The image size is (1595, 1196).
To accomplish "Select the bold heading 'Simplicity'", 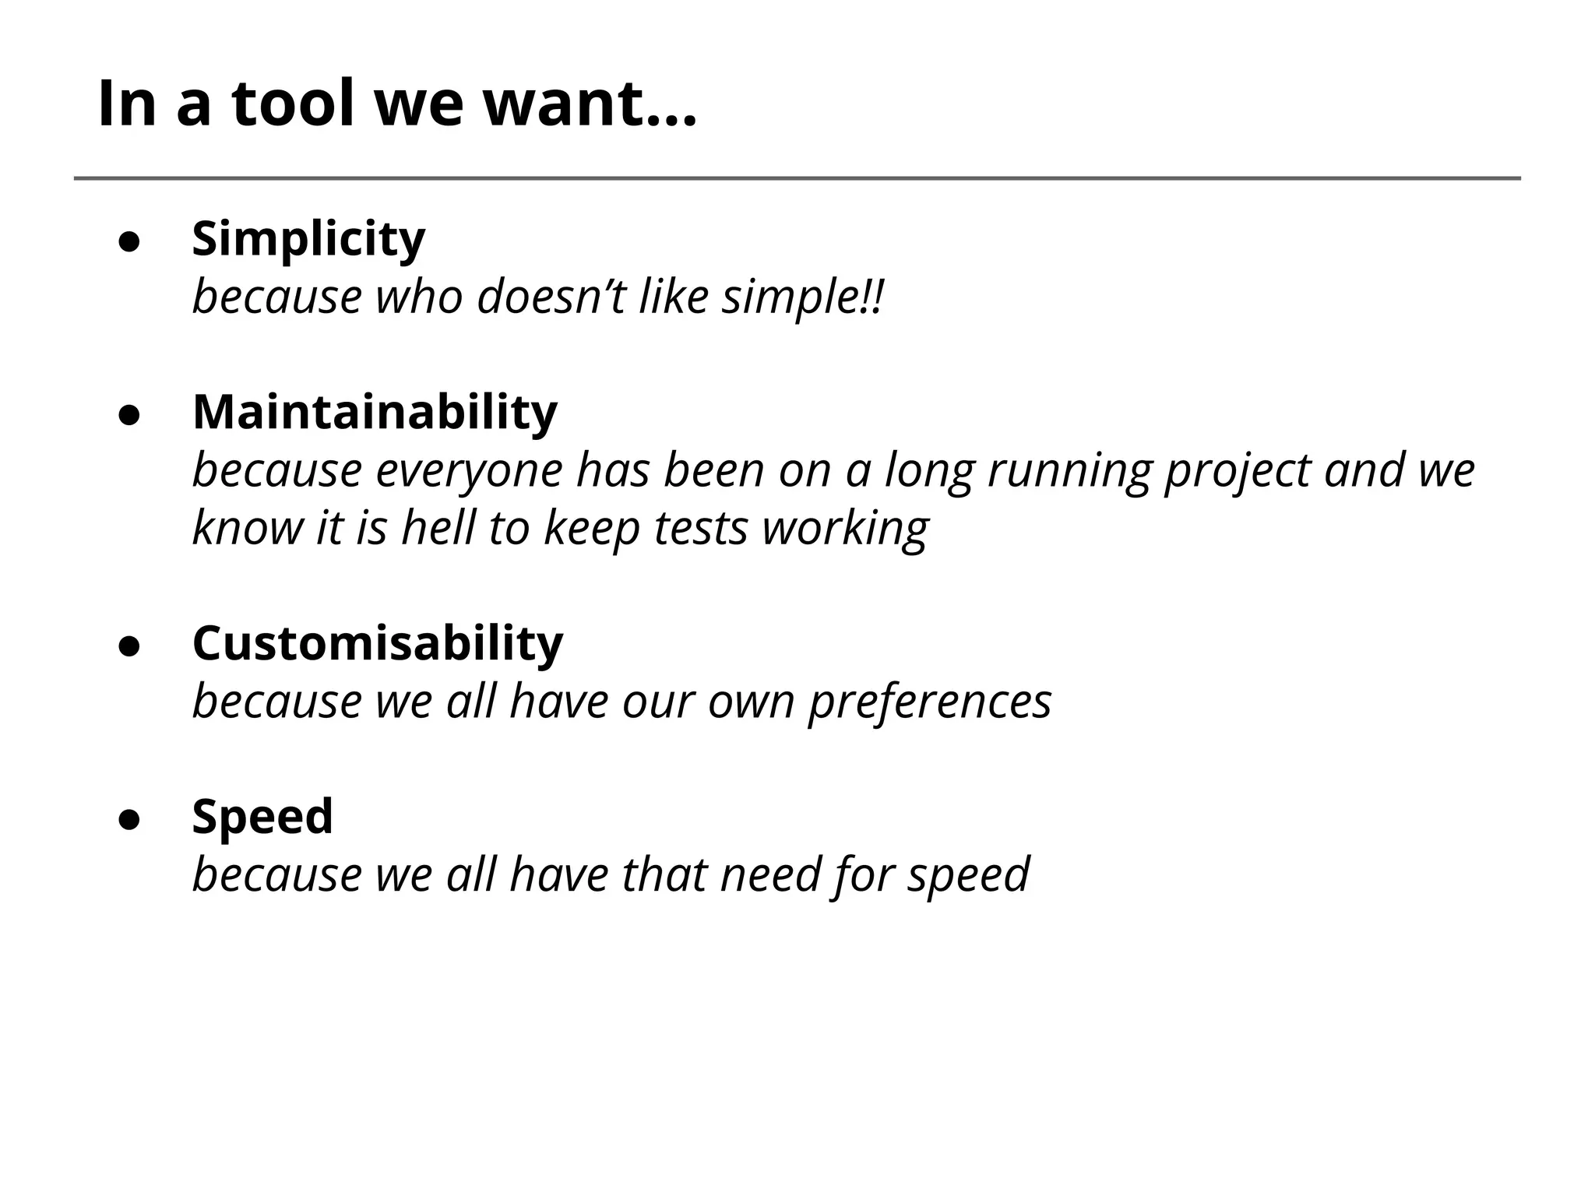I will (x=308, y=238).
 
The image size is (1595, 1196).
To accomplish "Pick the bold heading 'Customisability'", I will (x=378, y=643).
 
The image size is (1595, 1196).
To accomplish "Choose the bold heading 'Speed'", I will (x=262, y=816).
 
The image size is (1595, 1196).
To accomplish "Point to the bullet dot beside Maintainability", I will (x=129, y=415).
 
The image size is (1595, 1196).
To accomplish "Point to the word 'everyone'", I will (x=469, y=470).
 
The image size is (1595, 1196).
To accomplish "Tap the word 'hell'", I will (x=438, y=528).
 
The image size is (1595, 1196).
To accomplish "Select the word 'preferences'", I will (x=930, y=701).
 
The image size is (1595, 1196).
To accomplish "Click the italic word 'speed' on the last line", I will (x=969, y=874).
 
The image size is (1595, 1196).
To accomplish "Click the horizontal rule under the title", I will (x=797, y=178).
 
